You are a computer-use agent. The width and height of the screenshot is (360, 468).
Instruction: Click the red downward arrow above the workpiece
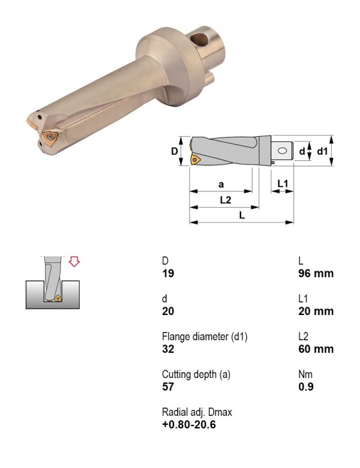point(74,261)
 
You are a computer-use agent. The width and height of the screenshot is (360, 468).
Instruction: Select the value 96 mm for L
point(316,273)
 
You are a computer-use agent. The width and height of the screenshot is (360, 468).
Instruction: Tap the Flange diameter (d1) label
point(205,337)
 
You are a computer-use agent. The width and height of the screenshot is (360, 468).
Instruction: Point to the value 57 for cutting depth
point(168,387)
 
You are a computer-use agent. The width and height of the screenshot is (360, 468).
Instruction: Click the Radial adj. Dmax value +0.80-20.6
point(189,424)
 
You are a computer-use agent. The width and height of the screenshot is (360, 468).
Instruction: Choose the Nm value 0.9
point(306,387)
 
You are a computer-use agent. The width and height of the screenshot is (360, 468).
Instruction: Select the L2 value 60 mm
point(316,349)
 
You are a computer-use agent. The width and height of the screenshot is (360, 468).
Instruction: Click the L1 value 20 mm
point(316,311)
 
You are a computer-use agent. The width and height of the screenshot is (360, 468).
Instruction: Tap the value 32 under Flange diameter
point(168,349)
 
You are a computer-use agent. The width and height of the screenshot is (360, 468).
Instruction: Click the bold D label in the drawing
point(175,151)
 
